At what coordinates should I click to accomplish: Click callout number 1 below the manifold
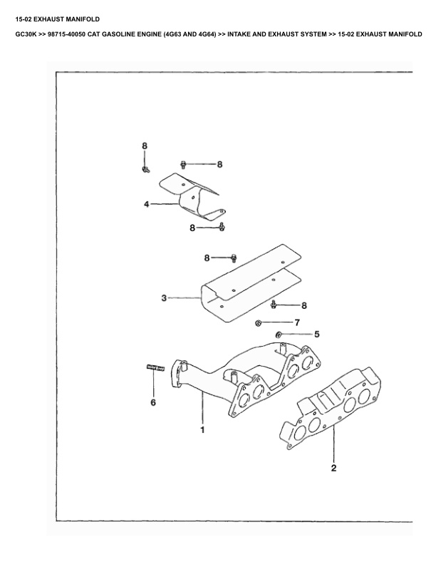202,430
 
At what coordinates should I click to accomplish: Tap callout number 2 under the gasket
333,469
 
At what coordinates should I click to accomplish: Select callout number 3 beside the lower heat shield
164,298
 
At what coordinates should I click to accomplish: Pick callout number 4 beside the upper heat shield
146,204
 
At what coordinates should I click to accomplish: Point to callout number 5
317,334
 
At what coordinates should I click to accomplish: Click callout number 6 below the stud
152,403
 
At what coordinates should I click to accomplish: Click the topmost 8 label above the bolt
144,146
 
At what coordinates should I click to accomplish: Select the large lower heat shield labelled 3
249,282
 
